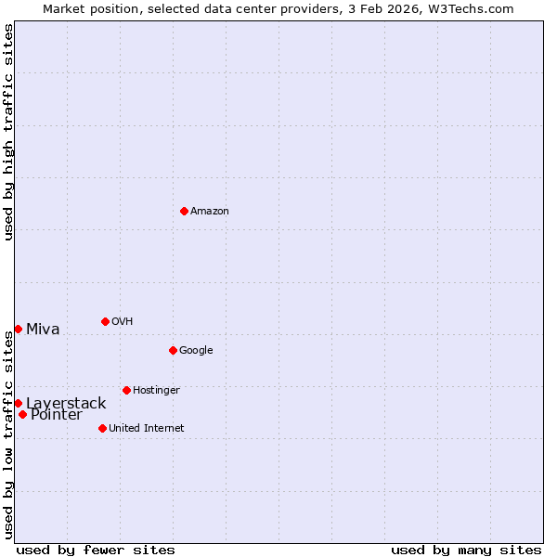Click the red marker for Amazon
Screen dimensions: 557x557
(184, 211)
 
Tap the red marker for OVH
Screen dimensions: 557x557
(105, 321)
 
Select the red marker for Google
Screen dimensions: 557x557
(173, 350)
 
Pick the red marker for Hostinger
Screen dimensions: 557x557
(126, 390)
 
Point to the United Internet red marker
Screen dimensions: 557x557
(102, 428)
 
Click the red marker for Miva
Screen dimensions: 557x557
(18, 329)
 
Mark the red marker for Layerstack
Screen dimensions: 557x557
(18, 403)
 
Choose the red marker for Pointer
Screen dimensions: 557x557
(22, 414)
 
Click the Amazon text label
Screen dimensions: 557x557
(210, 212)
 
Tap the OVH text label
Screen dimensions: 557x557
(123, 322)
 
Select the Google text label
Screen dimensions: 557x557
(196, 351)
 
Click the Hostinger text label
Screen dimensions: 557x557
(156, 391)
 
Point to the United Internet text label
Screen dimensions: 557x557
(147, 429)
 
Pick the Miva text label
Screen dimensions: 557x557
(43, 330)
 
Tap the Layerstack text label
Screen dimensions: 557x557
(66, 404)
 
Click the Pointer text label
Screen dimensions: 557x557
(56, 415)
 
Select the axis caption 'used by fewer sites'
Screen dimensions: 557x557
(96, 550)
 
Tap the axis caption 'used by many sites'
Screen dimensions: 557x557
(466, 550)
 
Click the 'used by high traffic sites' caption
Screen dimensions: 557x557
(8, 132)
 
